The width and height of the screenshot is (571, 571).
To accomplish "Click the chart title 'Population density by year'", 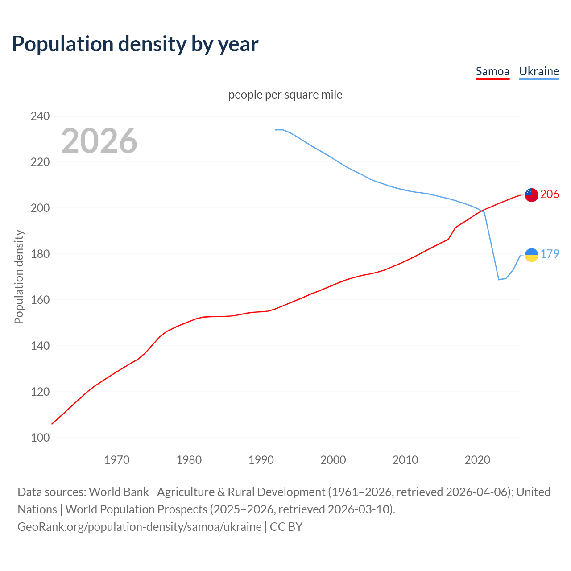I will [x=135, y=44].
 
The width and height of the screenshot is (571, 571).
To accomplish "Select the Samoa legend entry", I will [x=492, y=71].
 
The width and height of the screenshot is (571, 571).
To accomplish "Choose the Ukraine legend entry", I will [x=539, y=71].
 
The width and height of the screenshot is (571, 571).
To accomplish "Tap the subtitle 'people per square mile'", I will [x=285, y=95].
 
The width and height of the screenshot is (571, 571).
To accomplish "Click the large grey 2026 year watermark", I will [x=99, y=141].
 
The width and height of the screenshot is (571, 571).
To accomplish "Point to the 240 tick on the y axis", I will [x=40, y=116].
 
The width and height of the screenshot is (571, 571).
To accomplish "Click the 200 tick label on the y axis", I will [x=40, y=208].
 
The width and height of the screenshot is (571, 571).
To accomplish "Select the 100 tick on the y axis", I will [x=40, y=438].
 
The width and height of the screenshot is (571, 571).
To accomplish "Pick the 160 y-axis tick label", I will [x=40, y=300].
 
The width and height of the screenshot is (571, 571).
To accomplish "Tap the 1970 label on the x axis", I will [x=117, y=459].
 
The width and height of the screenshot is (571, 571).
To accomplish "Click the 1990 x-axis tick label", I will [x=261, y=459].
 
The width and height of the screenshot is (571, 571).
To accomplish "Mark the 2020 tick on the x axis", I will [x=477, y=459].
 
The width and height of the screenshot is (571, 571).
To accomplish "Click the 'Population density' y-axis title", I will [x=19, y=277].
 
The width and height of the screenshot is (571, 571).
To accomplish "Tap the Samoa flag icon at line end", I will [x=531, y=194].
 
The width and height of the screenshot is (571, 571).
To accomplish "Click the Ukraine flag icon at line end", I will [x=531, y=254].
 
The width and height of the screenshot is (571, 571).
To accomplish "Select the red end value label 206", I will [x=550, y=194].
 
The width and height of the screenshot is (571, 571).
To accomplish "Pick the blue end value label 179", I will [x=550, y=254].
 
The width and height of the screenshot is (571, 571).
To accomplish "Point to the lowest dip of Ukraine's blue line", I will [x=499, y=279].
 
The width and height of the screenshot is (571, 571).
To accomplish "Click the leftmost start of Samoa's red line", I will [x=52, y=424].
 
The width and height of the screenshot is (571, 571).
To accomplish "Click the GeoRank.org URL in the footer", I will [x=140, y=526].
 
